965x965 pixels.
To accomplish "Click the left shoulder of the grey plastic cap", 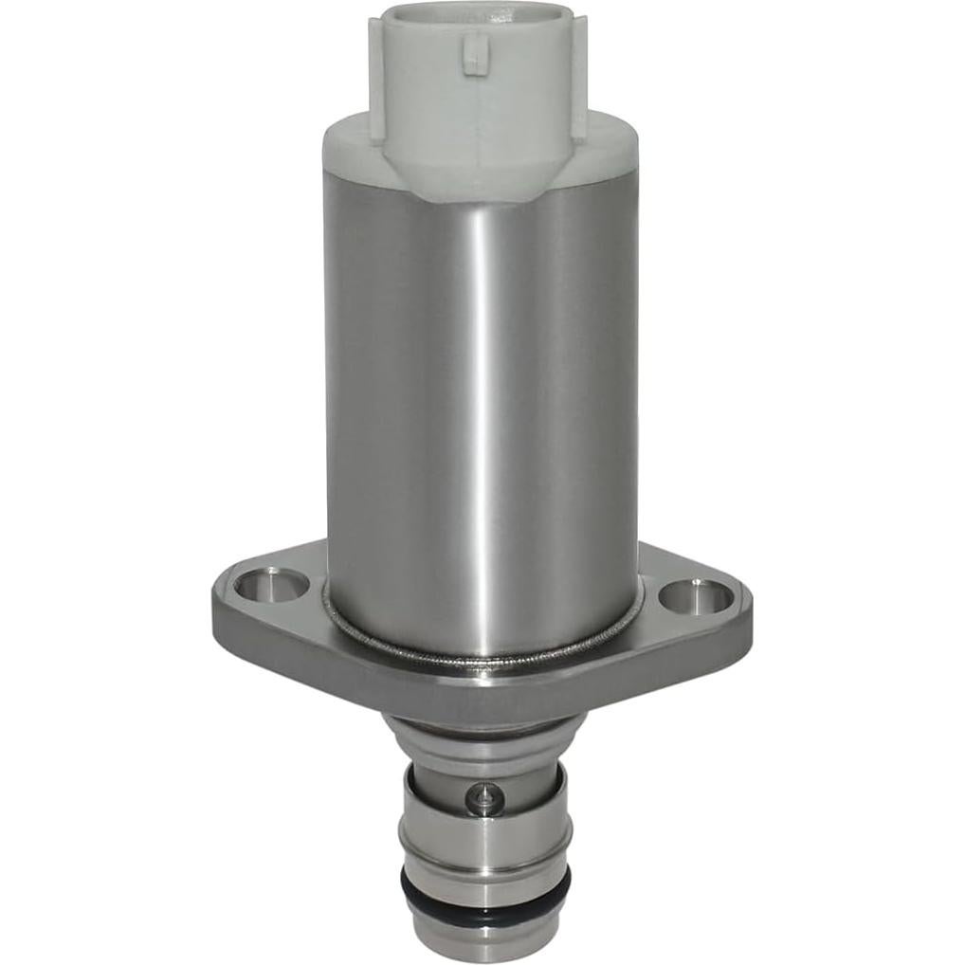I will (343, 142).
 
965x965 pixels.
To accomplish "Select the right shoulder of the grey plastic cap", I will (616, 142).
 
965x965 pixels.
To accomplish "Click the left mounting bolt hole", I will (270, 584).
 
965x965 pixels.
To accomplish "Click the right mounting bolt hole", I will (697, 596).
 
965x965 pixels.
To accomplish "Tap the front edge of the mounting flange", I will (474, 692).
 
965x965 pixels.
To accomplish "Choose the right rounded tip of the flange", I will (743, 611).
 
